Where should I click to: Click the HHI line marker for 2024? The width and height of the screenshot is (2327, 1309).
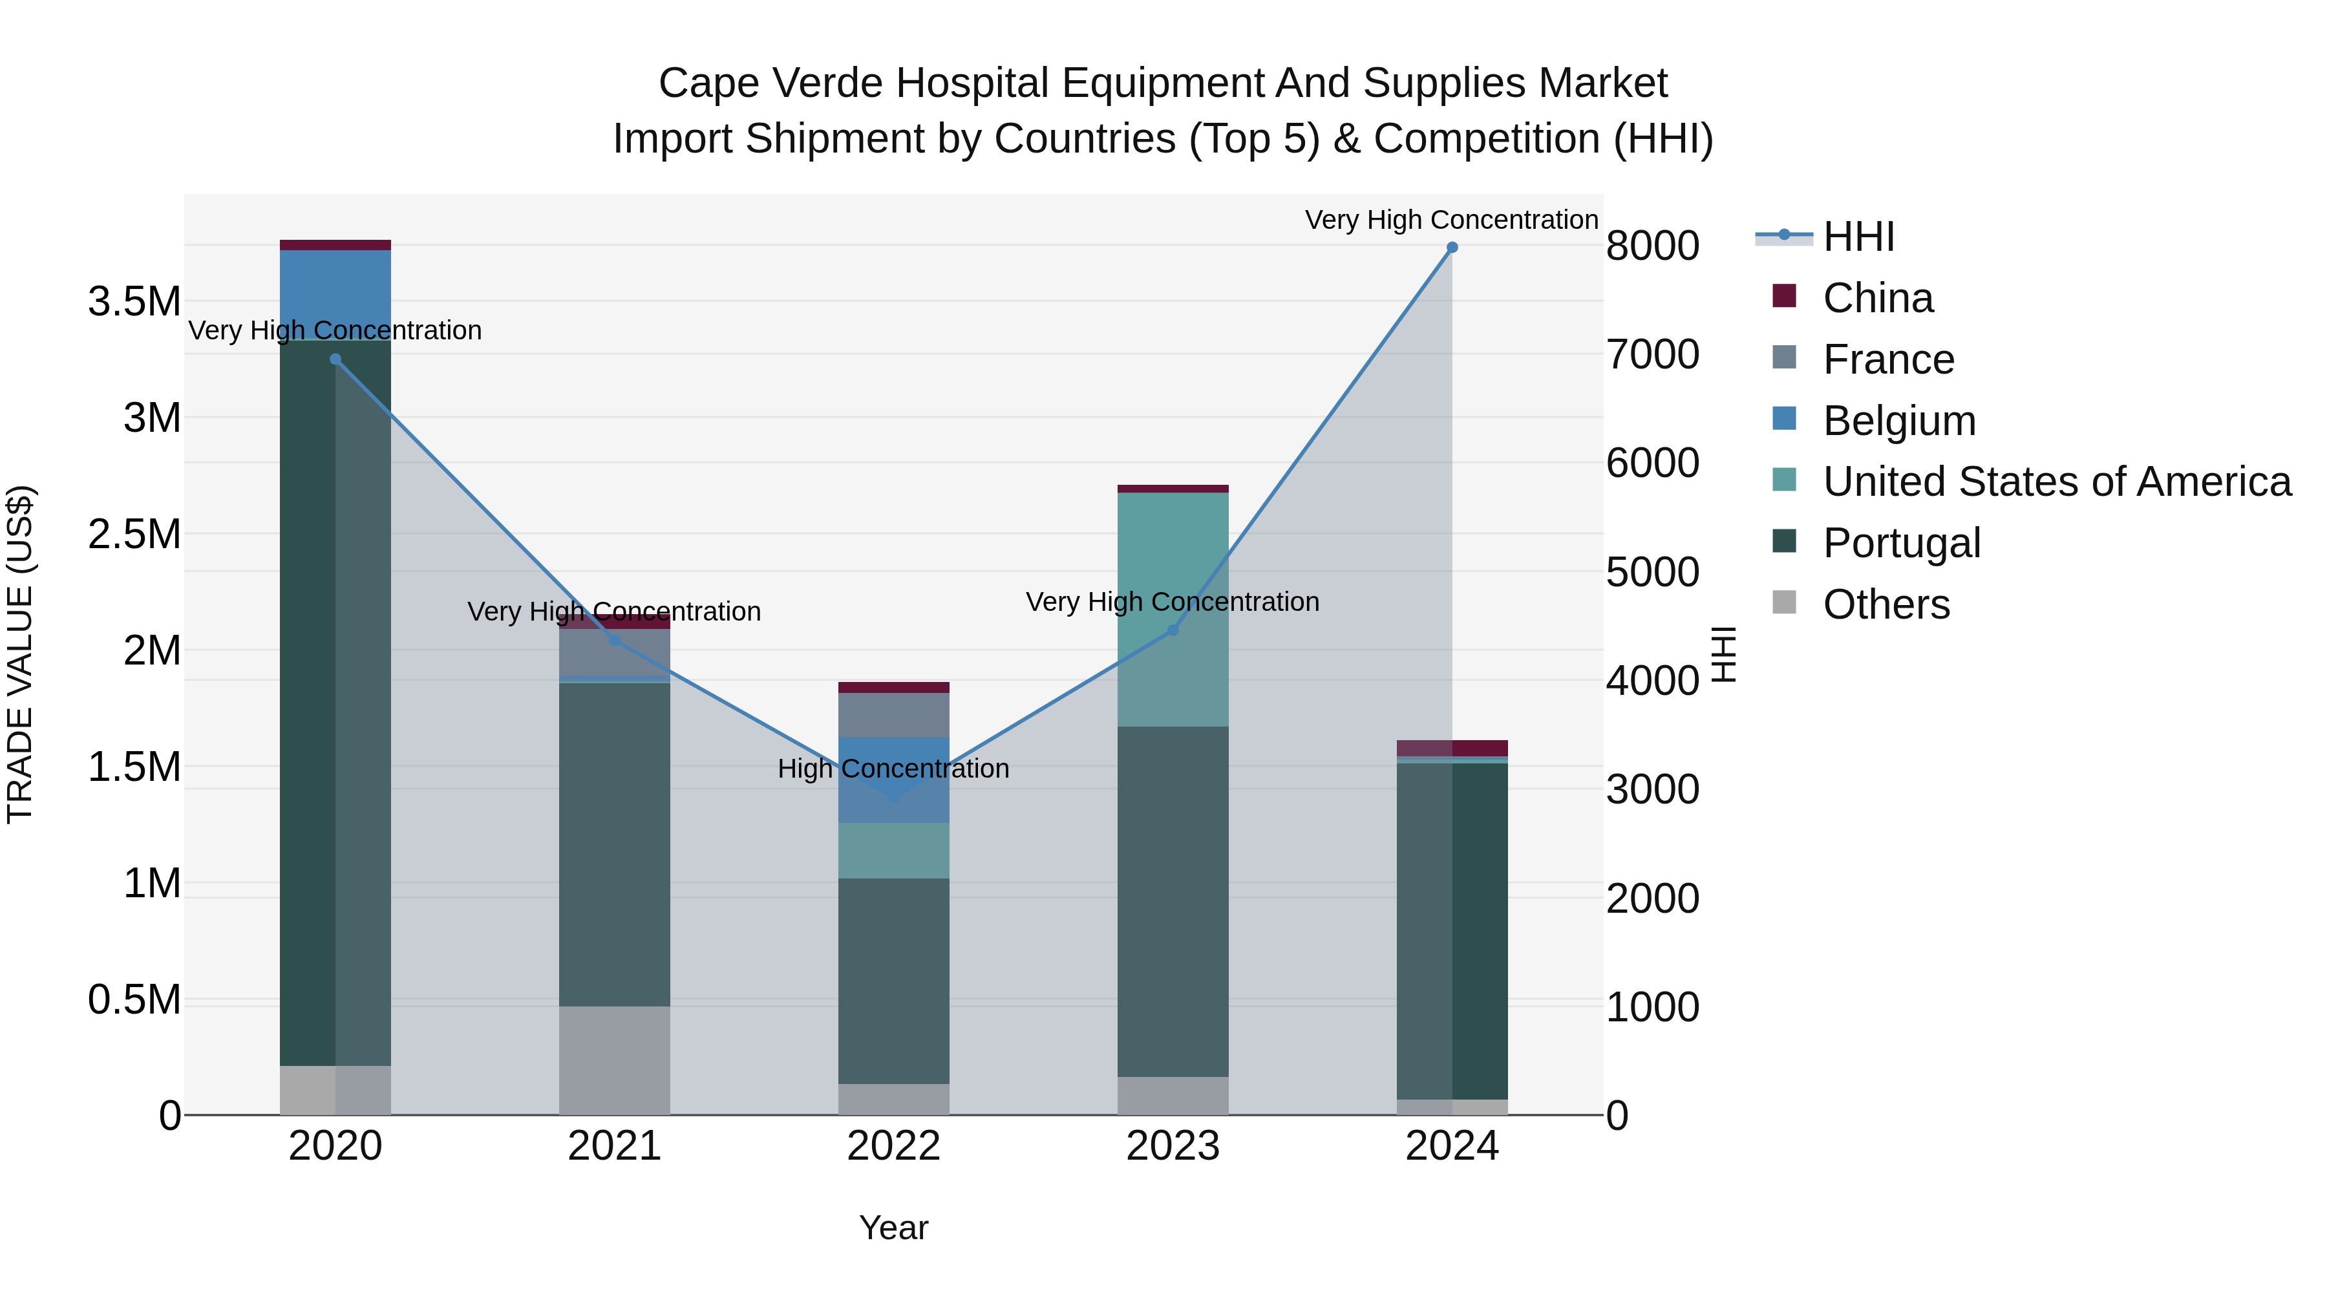(x=1452, y=248)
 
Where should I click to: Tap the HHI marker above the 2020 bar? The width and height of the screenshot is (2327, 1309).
(x=335, y=359)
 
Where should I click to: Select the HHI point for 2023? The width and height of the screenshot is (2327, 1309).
(x=1173, y=630)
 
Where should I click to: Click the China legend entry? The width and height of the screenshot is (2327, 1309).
(x=1877, y=298)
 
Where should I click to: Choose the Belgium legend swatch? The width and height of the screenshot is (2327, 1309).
(x=1784, y=419)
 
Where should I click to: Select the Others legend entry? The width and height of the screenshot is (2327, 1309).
(x=1886, y=604)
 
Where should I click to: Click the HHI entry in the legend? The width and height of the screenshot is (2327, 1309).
(x=1858, y=237)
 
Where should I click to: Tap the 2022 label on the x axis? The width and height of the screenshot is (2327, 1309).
(x=893, y=1146)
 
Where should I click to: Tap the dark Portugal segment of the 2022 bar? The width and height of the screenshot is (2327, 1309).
(x=893, y=980)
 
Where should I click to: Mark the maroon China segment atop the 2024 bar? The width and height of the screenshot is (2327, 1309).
(x=1452, y=748)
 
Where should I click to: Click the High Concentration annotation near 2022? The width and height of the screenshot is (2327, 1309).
(x=893, y=769)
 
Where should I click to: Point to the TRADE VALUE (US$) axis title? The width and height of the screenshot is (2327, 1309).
(x=21, y=654)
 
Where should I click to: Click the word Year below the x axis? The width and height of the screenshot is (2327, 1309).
(x=893, y=1228)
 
